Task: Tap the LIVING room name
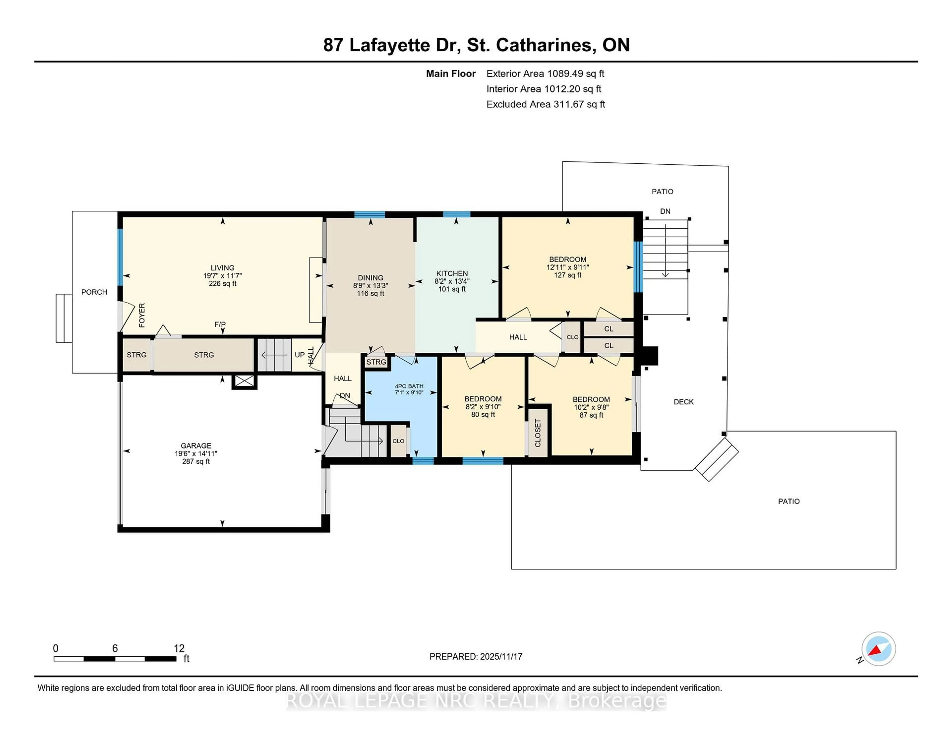tap(222, 268)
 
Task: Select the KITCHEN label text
tap(452, 273)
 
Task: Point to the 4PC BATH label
tap(409, 386)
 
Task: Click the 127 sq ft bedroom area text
tap(567, 275)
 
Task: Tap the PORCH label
tap(94, 292)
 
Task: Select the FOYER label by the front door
tap(142, 315)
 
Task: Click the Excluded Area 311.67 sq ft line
tap(545, 104)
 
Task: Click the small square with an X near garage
tap(244, 382)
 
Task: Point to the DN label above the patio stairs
tap(665, 212)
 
